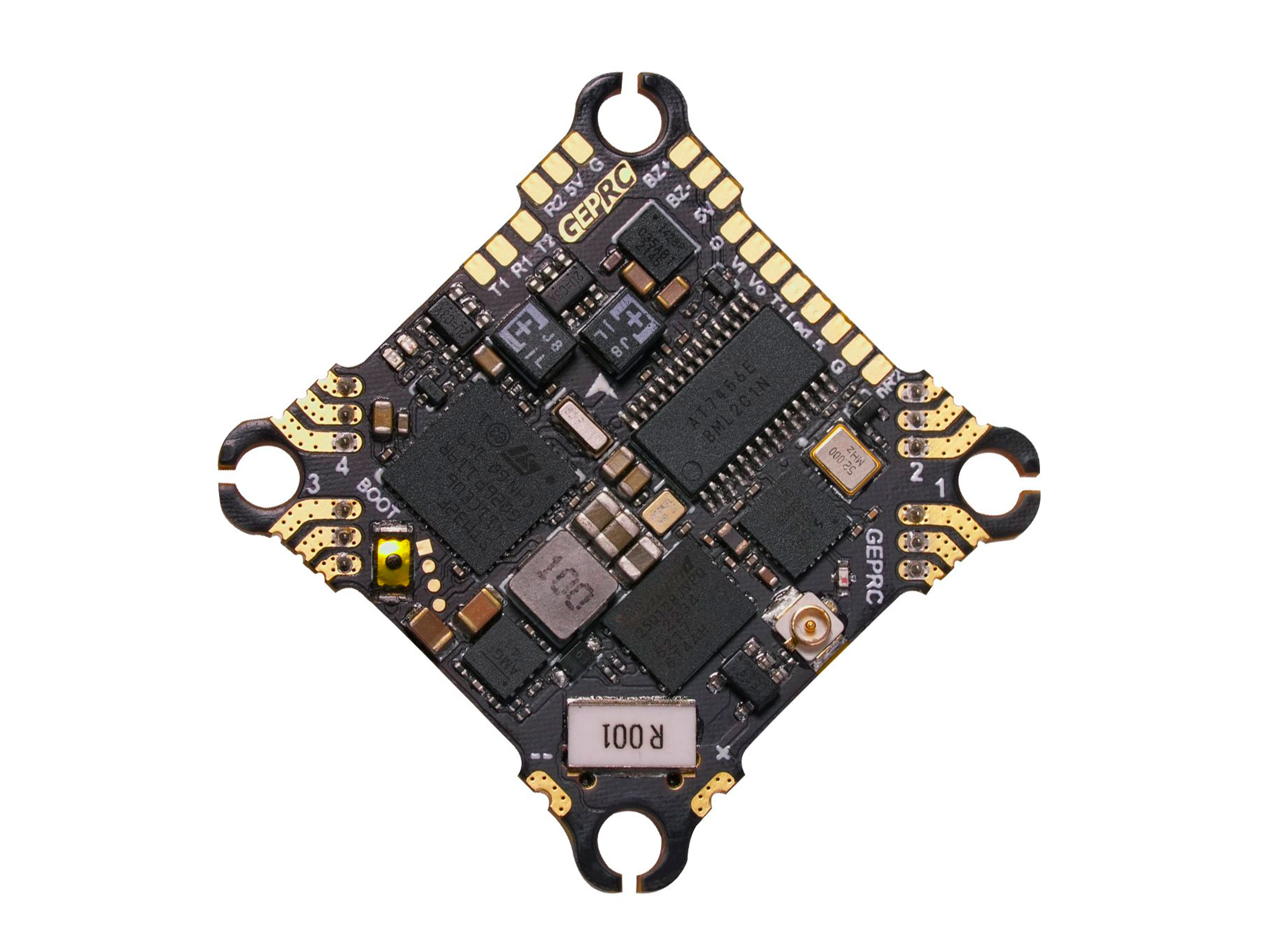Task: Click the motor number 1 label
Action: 939,487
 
